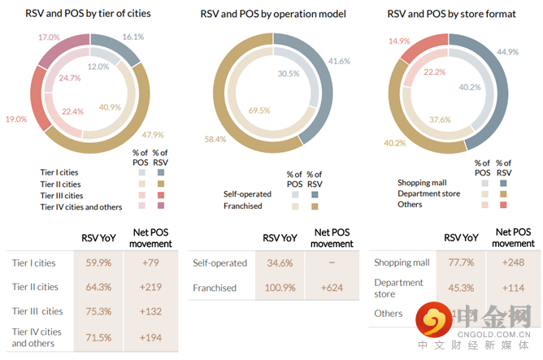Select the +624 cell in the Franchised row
(x=332, y=288)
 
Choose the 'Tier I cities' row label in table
(x=35, y=262)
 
